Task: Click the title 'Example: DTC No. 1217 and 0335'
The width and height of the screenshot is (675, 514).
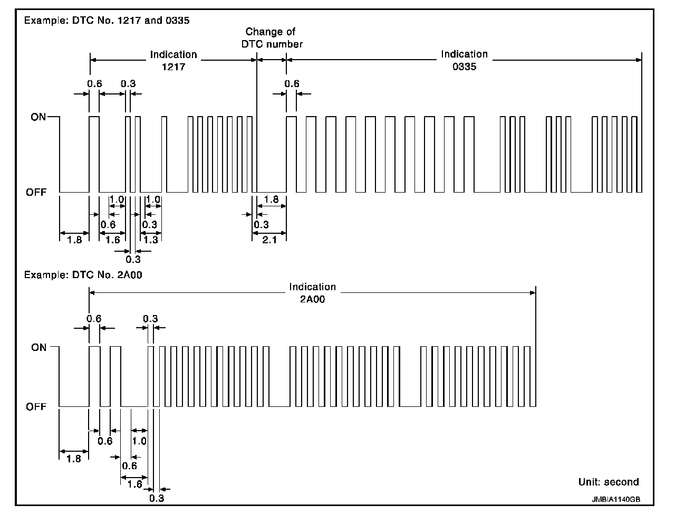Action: point(107,21)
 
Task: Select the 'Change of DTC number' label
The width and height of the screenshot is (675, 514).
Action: point(272,38)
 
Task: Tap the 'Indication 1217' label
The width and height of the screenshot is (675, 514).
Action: point(173,61)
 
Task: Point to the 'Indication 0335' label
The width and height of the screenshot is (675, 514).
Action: point(464,60)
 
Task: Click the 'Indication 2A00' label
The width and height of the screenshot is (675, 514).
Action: point(312,293)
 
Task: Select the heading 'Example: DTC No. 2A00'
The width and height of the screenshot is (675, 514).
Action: point(83,275)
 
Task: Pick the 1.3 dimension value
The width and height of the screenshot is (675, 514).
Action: point(150,240)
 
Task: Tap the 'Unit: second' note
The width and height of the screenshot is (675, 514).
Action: point(609,482)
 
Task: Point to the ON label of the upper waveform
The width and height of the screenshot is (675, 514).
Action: point(38,117)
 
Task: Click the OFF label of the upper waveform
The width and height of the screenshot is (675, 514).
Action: point(36,193)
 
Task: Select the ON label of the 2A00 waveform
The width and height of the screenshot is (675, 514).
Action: point(38,347)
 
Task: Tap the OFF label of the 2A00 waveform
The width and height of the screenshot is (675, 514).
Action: point(36,407)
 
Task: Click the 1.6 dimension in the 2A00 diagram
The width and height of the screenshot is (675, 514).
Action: point(135,484)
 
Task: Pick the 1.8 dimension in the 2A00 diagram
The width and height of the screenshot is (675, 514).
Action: point(74,459)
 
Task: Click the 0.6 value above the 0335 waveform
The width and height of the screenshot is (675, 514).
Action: point(292,83)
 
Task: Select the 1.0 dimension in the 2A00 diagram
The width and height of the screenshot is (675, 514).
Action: point(139,441)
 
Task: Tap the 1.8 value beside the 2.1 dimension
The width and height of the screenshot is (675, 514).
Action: point(271,199)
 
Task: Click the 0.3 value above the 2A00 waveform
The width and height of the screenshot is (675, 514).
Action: point(150,318)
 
